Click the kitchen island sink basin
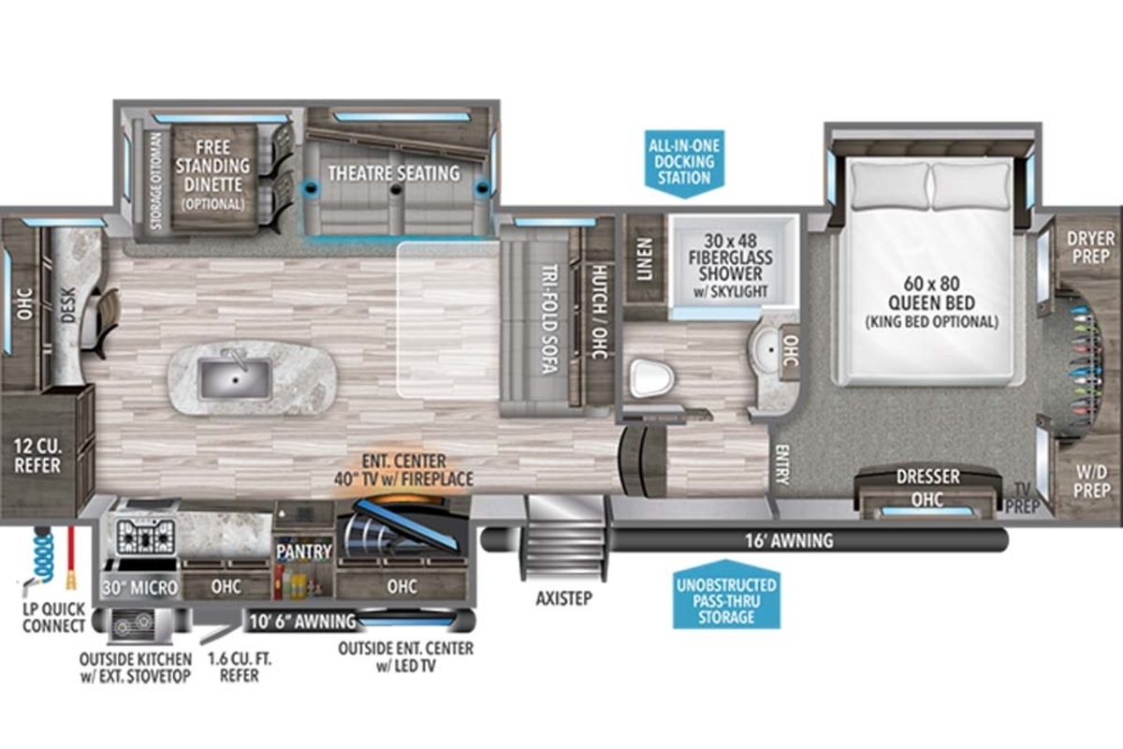235,379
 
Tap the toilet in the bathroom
651,377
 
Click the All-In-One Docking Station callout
684,162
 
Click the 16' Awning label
789,540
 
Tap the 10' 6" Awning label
301,622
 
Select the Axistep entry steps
565,537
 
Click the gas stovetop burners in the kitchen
146,536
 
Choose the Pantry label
304,551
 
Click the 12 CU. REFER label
37,456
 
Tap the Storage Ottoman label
156,181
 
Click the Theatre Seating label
394,173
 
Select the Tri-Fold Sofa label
549,319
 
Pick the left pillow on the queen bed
890,185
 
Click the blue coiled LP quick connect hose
44,557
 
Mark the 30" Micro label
140,587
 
